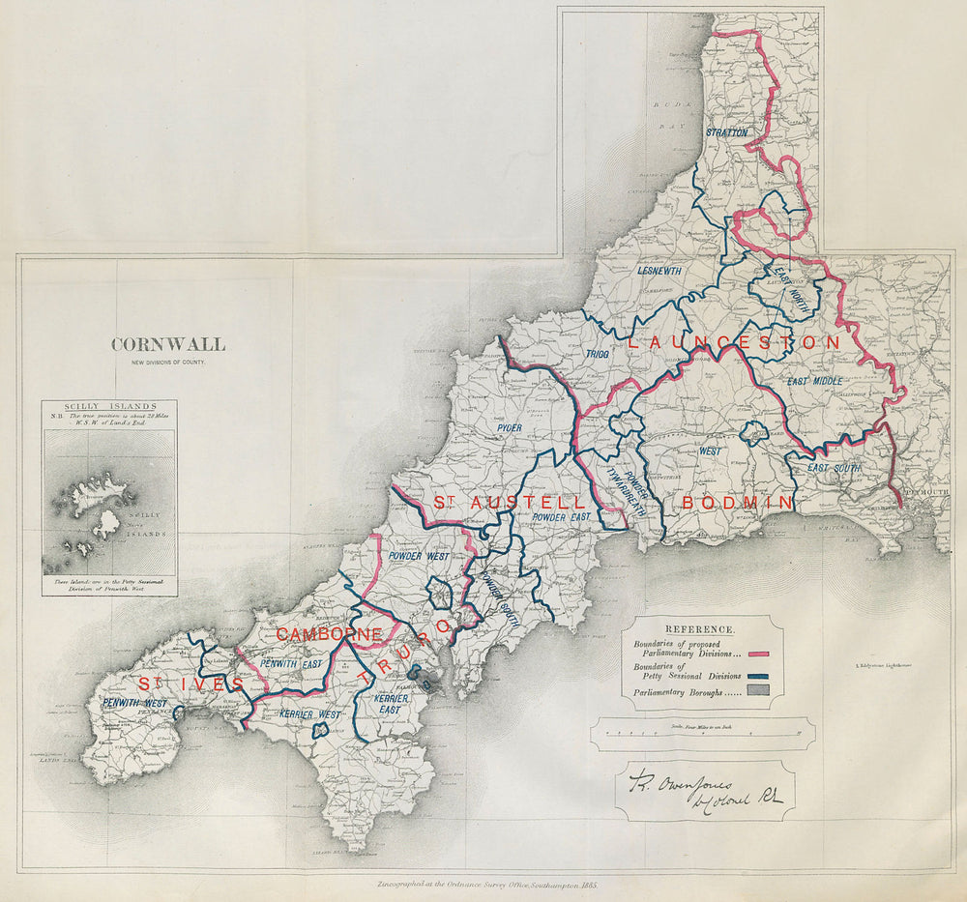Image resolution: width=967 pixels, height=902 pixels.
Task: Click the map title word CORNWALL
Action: point(168,344)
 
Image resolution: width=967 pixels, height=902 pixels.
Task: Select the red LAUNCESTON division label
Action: point(734,342)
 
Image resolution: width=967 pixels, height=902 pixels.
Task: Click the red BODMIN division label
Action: point(738,503)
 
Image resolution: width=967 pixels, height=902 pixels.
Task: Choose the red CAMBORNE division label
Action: point(330,634)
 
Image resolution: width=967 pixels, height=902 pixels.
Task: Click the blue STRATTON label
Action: point(726,131)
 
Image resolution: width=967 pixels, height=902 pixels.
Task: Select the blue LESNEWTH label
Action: point(659,272)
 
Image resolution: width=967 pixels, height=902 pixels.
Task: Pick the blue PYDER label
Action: point(509,427)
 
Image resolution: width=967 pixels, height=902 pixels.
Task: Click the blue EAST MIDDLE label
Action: point(814,382)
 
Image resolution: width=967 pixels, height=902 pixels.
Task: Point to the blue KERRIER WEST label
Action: point(309,713)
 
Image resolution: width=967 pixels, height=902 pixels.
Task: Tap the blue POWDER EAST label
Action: point(561,518)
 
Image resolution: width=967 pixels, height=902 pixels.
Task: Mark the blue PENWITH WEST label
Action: point(134,702)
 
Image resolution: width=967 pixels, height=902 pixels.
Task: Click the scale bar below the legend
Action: point(703,735)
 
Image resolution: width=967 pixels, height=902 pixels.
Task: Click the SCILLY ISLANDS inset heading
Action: point(109,409)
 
